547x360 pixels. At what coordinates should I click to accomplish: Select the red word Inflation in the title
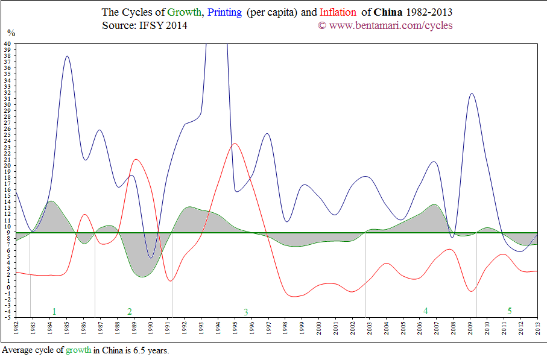338,12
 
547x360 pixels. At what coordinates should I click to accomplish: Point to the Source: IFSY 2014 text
145,25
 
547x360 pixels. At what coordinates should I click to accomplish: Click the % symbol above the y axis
10,33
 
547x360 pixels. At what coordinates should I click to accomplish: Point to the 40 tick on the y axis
7,43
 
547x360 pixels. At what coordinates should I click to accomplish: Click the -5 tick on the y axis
8,317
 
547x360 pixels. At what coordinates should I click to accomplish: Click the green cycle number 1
54,311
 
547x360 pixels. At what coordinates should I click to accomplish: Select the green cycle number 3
245,312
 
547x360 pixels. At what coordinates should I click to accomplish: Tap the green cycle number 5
509,311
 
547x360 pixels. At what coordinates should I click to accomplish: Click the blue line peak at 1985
67,56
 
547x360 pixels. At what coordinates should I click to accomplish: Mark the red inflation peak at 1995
235,144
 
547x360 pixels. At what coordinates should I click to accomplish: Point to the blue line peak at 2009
472,93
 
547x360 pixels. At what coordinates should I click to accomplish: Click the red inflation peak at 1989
136,159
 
